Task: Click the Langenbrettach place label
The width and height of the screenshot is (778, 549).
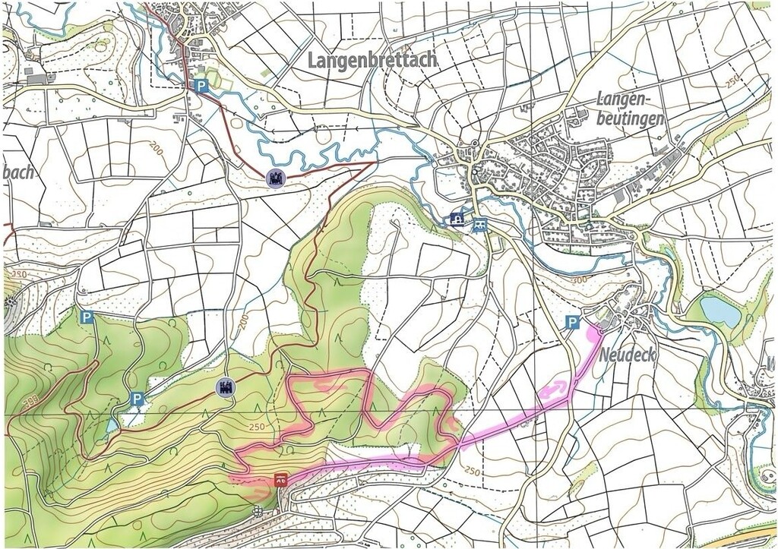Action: point(372,60)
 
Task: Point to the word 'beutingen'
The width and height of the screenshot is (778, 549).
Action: point(630,118)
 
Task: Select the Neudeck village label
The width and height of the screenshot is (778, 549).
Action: point(627,355)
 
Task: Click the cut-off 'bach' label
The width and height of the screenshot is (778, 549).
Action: point(18,172)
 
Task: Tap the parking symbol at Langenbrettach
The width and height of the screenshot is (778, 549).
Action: point(201,87)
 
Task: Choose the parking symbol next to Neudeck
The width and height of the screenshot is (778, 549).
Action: point(571,323)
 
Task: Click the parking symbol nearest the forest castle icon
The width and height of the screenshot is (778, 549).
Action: point(137,399)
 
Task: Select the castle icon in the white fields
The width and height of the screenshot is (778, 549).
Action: point(276,179)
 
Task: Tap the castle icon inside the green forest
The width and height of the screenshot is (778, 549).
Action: point(226,387)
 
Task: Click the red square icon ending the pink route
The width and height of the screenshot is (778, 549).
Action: point(280,479)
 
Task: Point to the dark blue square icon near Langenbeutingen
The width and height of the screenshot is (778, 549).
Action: point(457,219)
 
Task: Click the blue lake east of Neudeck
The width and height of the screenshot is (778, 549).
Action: point(719,311)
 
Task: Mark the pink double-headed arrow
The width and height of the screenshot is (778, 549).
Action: point(554,390)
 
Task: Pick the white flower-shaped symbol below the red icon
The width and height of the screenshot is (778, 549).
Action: point(258,511)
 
